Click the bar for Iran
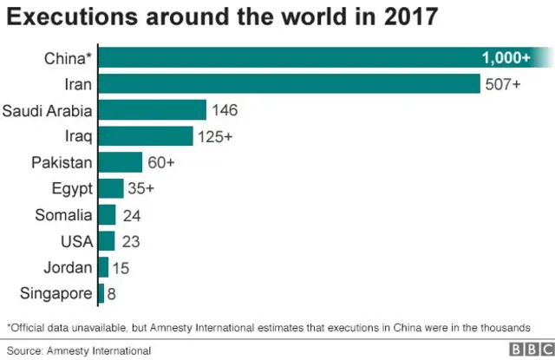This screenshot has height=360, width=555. pyautogui.click(x=290, y=84)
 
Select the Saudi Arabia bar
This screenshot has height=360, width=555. pyautogui.click(x=153, y=110)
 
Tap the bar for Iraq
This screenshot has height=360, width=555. pyautogui.click(x=146, y=136)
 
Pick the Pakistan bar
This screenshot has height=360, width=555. pyautogui.click(x=121, y=162)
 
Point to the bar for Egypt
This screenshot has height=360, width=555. pyautogui.click(x=111, y=189)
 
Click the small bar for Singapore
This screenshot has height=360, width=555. pyautogui.click(x=101, y=293)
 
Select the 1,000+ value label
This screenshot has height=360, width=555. pyautogui.click(x=506, y=58)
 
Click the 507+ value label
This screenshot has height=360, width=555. pyautogui.click(x=503, y=84)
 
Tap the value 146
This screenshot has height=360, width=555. pyautogui.click(x=225, y=110)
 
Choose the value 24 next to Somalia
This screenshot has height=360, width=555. pyautogui.click(x=133, y=215)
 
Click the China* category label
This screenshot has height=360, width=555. pyautogui.click(x=67, y=58)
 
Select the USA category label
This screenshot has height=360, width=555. pyautogui.click(x=75, y=240)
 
